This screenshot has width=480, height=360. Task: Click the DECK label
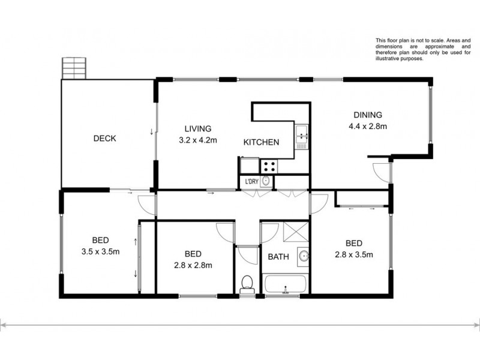pos(104,139)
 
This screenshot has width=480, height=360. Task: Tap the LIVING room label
pos(197,128)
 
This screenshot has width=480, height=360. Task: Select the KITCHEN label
pos(260,142)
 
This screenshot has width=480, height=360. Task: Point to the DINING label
pos(367,115)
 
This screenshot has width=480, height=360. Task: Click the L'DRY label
pos(251,181)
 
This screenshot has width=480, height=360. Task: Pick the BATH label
pos(278,257)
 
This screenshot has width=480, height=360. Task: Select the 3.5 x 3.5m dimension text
pos(101,251)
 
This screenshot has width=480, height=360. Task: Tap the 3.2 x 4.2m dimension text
pos(197,140)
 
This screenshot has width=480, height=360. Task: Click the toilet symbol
pos(246,283)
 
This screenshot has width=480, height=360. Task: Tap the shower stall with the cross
pos(292,232)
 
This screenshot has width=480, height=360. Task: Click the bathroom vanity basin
pos(304,257)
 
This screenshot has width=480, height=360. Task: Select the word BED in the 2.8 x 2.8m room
pos(193,254)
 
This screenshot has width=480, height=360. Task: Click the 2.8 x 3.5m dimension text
pos(354,254)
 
